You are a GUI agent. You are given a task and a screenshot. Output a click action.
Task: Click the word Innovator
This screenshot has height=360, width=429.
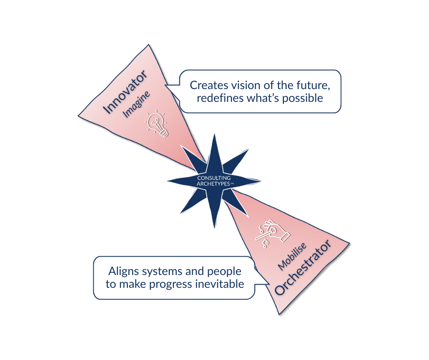pyautogui.click(x=125, y=92)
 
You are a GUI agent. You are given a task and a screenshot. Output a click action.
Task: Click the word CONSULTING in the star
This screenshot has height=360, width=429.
pyautogui.click(x=214, y=178)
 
